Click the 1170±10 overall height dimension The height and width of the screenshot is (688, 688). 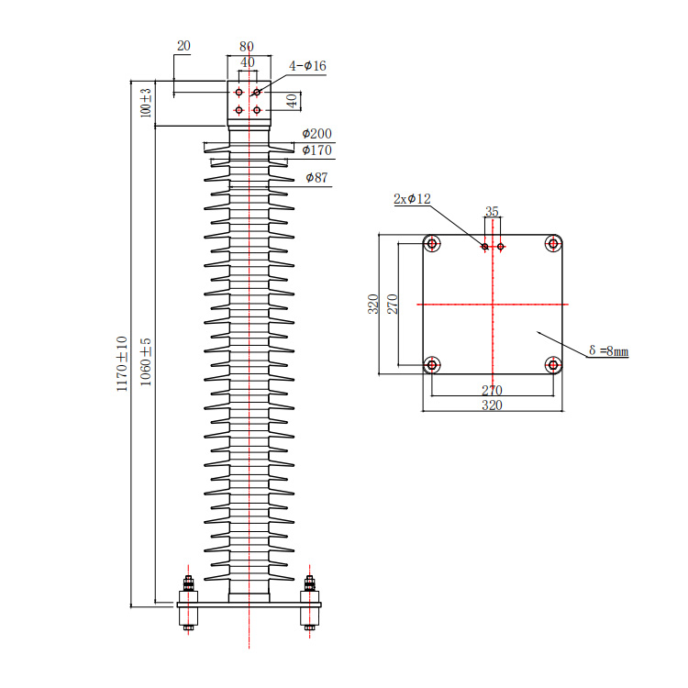point(121,364)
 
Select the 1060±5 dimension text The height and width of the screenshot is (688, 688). point(146,362)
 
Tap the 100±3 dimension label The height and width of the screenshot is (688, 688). point(146,103)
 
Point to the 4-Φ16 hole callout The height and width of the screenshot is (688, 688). point(307,66)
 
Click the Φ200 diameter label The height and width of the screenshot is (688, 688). point(316,133)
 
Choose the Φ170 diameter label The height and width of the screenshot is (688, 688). point(316,150)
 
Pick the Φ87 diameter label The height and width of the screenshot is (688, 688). point(316,177)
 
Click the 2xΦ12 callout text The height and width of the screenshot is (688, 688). point(412,199)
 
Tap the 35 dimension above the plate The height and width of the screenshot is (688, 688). point(492,211)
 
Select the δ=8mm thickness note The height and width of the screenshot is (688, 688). point(608,350)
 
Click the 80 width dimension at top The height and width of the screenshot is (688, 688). point(247,46)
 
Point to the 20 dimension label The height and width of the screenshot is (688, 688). point(183,46)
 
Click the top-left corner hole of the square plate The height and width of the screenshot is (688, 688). point(432,243)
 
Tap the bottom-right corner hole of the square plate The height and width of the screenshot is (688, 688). point(553,364)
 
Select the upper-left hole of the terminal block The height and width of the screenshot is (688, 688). point(239,92)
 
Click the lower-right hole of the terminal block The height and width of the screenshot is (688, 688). point(257,110)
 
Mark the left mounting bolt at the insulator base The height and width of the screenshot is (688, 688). point(188,603)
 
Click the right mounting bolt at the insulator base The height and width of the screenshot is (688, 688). point(310,603)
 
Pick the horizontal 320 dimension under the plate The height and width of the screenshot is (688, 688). point(492,405)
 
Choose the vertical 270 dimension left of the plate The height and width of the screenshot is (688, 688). point(393,304)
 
